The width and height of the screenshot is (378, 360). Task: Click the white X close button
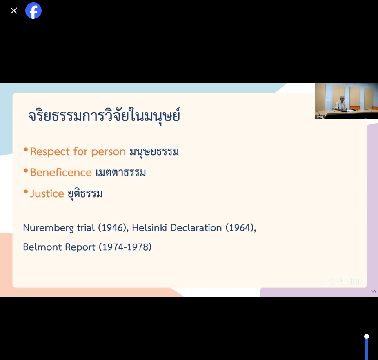14,11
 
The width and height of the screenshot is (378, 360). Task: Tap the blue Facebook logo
33,11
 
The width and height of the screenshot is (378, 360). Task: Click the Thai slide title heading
104,116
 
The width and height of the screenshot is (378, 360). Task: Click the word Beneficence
61,172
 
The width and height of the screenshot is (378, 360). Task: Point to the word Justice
47,193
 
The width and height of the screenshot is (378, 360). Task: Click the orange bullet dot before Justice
26,192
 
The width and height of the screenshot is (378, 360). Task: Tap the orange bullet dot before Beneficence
26,171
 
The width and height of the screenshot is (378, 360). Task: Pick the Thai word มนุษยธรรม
154,152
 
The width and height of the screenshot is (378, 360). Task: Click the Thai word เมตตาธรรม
121,173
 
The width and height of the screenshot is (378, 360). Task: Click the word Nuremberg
48,228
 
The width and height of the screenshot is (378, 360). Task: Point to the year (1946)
113,228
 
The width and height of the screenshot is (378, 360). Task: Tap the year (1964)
240,228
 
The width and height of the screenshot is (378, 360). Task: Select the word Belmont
42,247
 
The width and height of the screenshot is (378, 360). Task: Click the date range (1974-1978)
125,247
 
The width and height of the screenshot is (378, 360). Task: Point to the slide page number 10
373,292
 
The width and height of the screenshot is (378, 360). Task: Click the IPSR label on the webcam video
320,117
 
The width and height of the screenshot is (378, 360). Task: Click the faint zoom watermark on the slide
343,280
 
